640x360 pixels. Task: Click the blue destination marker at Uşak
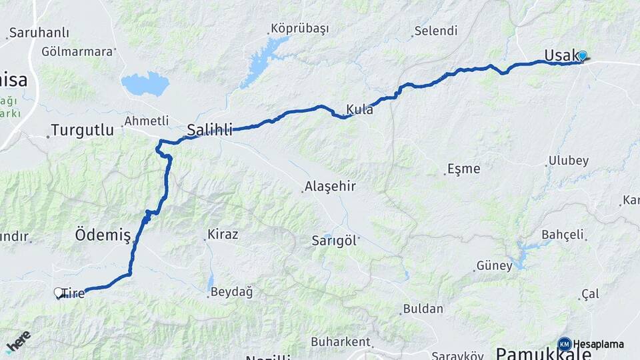[583, 56]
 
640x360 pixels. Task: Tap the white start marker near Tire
[58, 292]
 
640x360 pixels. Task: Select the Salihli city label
[209, 130]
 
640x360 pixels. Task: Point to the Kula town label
[359, 109]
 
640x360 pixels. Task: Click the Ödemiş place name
[102, 235]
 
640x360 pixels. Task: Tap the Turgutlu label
[82, 131]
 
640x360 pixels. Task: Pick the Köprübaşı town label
[299, 29]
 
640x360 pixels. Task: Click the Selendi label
[435, 31]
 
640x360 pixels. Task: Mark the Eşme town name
[463, 169]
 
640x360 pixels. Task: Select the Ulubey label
[568, 161]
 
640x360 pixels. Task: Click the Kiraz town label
[223, 235]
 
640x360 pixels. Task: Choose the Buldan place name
[423, 309]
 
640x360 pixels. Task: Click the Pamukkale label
[543, 354]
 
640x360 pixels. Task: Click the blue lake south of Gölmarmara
[145, 83]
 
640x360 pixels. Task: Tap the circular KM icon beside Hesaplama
[565, 344]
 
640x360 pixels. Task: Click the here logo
[18, 341]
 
